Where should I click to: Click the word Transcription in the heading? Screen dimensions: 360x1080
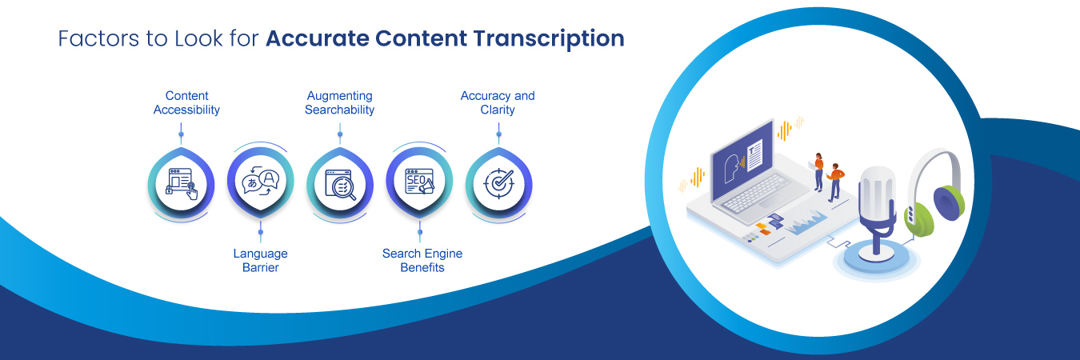click(x=548, y=39)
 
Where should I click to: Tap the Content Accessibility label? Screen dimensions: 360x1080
click(x=186, y=102)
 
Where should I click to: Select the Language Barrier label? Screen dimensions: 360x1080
click(x=260, y=260)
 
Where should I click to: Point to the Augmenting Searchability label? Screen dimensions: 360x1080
click(x=339, y=102)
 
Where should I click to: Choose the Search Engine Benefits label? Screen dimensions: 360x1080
click(x=422, y=260)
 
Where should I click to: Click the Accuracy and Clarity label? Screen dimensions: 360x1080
click(x=498, y=102)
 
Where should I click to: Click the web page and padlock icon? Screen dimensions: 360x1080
click(x=181, y=183)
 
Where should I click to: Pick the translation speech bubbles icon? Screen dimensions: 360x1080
click(x=260, y=183)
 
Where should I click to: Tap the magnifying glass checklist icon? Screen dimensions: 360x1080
click(x=339, y=183)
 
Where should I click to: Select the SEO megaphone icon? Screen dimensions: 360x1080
click(x=419, y=182)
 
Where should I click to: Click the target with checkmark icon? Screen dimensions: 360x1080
click(x=498, y=183)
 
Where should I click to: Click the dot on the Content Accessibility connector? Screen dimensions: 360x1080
click(x=182, y=134)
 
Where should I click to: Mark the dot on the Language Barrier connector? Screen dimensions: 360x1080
click(x=260, y=232)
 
